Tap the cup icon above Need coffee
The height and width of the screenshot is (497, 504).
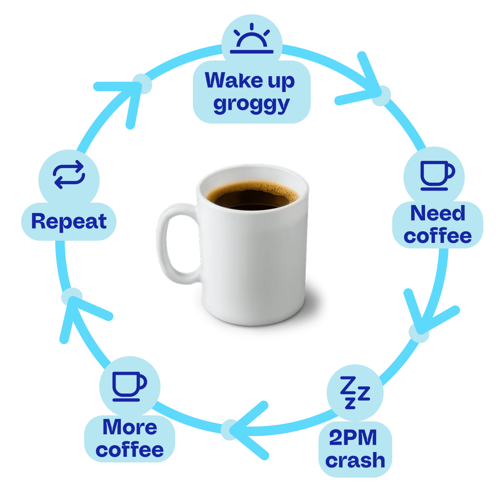[438, 175]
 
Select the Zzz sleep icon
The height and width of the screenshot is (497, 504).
[355, 392]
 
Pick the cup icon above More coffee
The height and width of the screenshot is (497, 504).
[129, 386]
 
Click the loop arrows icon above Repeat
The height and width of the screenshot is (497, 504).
[69, 174]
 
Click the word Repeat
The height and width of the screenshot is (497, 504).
[69, 221]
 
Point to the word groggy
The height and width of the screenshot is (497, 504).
[252, 104]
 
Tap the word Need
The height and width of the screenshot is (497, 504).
[438, 213]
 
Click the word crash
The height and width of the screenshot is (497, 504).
[355, 460]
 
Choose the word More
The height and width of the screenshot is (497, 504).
[130, 427]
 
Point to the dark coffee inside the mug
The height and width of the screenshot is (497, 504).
[253, 197]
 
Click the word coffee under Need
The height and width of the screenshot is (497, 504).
[438, 236]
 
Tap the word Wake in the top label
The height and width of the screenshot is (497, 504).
[234, 80]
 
